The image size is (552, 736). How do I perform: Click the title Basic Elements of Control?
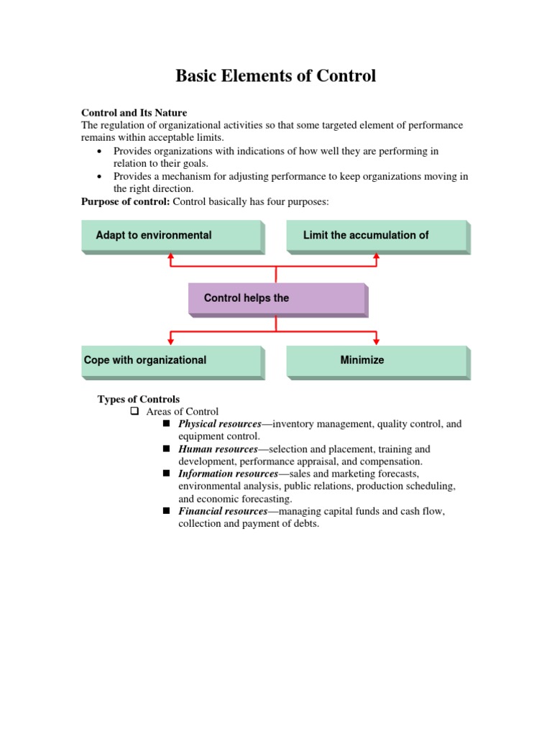[275, 75]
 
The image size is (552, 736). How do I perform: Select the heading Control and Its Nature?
[134, 113]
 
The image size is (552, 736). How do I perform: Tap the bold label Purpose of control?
[126, 202]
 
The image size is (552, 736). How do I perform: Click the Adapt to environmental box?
[172, 236]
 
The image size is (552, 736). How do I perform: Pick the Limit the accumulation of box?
[377, 236]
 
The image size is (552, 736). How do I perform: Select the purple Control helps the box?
[277, 298]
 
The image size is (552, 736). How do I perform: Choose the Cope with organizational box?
[172, 361]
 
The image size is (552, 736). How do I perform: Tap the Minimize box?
[377, 361]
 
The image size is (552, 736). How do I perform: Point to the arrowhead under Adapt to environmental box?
[170, 254]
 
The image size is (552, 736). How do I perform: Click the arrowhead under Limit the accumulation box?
[377, 254]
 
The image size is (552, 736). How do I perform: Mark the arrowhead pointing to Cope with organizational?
[170, 340]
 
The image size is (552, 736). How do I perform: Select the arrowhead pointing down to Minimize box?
[377, 340]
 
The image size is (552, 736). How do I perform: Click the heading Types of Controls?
[139, 400]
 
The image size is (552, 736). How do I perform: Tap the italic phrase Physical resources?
[219, 424]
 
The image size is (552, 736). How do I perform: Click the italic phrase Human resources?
[218, 449]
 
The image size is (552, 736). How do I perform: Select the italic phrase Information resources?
[227, 474]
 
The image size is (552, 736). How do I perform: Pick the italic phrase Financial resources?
[222, 512]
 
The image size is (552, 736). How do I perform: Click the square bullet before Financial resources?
[166, 511]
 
